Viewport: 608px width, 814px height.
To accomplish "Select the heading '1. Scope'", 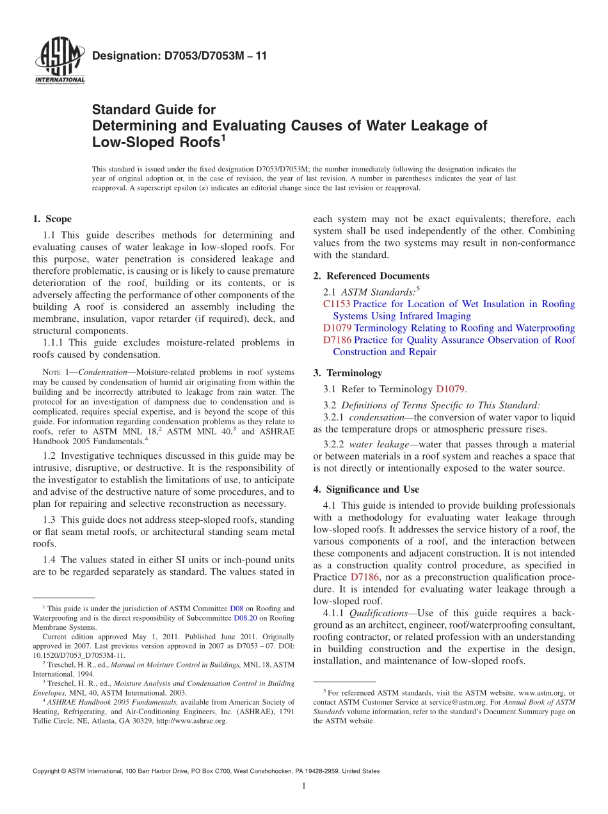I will click(53, 219).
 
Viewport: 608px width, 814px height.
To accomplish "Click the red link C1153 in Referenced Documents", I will click(337, 304).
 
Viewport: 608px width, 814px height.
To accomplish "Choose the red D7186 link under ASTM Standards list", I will click(337, 340).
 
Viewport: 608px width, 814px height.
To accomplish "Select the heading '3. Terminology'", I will click(354, 372).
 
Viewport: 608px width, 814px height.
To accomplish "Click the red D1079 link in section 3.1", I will click(451, 388).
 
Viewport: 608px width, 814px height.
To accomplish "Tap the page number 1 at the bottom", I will click(304, 786).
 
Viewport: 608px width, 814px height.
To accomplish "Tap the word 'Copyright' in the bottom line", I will click(46, 771).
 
